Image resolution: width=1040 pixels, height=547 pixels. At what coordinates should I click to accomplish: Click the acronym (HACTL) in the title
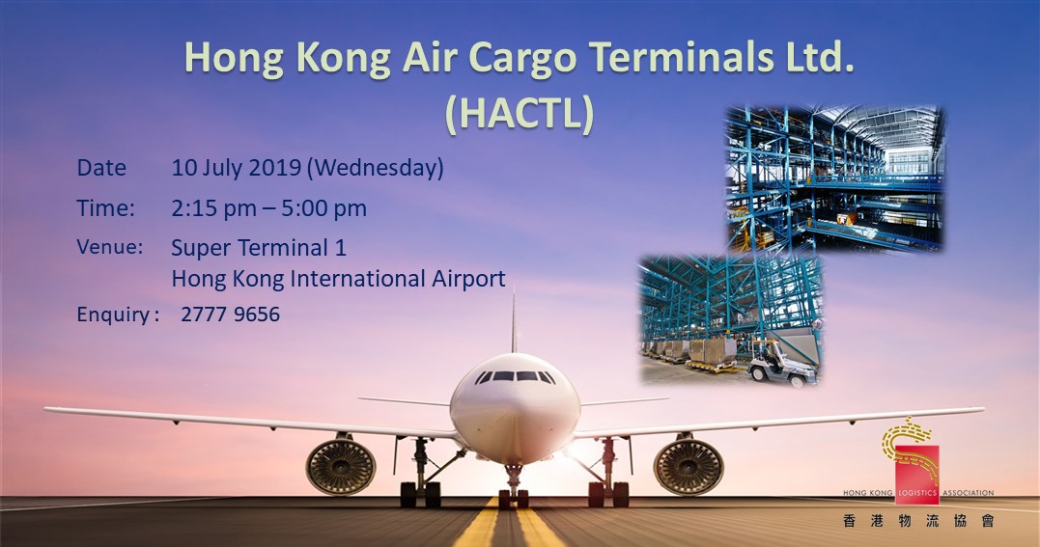coord(519,114)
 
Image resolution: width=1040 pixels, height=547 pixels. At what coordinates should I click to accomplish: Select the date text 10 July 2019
coord(236,168)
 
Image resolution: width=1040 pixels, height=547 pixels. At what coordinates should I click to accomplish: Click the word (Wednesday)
coord(376,168)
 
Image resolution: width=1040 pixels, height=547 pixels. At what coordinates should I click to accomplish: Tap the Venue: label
coord(109,247)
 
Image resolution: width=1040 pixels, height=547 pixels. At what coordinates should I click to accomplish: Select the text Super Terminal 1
coord(258,247)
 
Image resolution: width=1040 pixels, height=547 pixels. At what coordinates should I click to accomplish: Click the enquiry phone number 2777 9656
coord(230,315)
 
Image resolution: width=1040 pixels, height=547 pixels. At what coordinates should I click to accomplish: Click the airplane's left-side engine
coord(341,466)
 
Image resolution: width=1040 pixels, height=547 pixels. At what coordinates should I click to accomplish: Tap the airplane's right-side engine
coord(688,466)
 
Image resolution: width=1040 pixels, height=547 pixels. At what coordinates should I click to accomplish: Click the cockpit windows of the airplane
coord(514,376)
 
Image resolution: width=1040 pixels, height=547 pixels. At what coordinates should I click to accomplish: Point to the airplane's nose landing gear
coord(514,482)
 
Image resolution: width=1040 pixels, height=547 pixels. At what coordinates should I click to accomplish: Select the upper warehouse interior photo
coord(834,178)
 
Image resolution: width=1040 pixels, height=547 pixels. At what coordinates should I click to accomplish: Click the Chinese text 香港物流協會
coord(916,522)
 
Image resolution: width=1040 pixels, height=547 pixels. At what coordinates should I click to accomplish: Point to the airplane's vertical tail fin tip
coord(513,297)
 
